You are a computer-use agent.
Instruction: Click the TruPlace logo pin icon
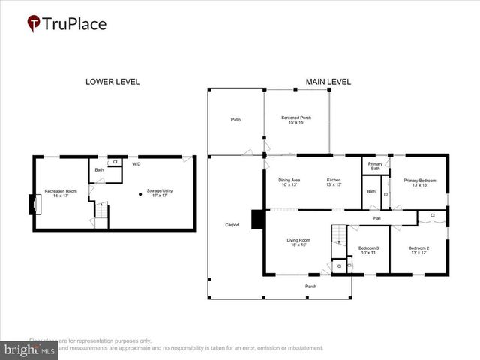pyautogui.click(x=34, y=24)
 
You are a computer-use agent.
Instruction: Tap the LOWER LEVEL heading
pyautogui.click(x=112, y=82)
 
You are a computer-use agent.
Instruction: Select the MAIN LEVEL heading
pyautogui.click(x=328, y=82)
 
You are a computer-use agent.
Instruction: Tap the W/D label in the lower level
pyautogui.click(x=136, y=163)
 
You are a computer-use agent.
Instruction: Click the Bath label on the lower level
pyautogui.click(x=99, y=170)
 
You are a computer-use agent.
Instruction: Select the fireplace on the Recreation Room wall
pyautogui.click(x=33, y=204)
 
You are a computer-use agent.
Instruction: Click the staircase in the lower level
pyautogui.click(x=101, y=214)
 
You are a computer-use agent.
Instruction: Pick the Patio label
pyautogui.click(x=235, y=119)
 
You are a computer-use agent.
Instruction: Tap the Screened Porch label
pyautogui.click(x=296, y=120)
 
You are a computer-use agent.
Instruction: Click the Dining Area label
pyautogui.click(x=289, y=182)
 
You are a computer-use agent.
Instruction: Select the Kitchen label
pyautogui.click(x=334, y=182)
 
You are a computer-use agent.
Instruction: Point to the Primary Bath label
pyautogui.click(x=375, y=166)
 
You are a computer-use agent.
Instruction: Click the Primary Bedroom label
pyautogui.click(x=419, y=182)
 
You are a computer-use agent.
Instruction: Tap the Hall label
pyautogui.click(x=379, y=218)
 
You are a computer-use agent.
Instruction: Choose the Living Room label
pyautogui.click(x=298, y=242)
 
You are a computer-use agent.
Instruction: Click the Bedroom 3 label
pyautogui.click(x=368, y=250)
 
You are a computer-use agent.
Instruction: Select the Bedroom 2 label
pyautogui.click(x=418, y=250)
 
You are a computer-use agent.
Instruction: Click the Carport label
pyautogui.click(x=232, y=225)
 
